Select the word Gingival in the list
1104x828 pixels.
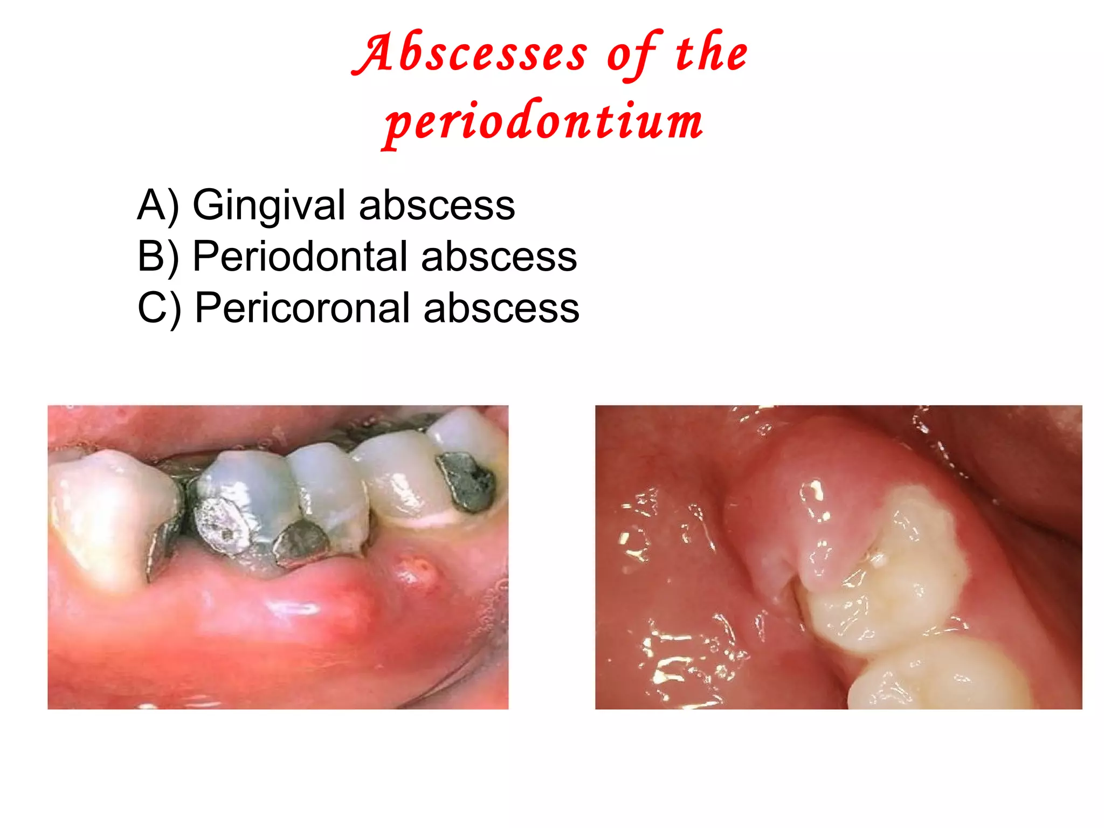(x=269, y=205)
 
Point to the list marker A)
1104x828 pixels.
(x=157, y=205)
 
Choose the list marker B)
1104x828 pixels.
(x=157, y=257)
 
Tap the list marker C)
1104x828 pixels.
(x=158, y=308)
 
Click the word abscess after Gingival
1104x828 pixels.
(x=437, y=205)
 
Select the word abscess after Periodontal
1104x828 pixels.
(x=499, y=257)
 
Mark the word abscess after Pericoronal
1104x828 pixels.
(x=501, y=308)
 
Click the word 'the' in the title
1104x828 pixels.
(x=712, y=53)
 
